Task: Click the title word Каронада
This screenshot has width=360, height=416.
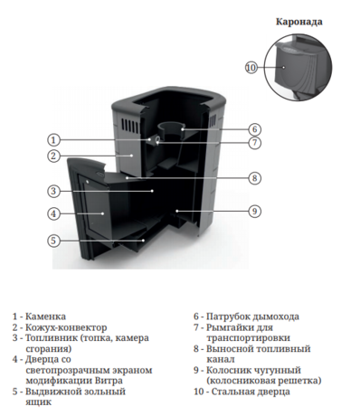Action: (298, 20)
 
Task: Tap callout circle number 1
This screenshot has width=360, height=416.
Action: (54, 140)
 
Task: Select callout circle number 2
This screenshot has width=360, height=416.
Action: (54, 156)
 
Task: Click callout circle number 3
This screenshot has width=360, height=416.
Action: (54, 191)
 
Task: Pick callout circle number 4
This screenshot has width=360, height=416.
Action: (54, 213)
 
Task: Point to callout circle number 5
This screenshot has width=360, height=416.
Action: (54, 241)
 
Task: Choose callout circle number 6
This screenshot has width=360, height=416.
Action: (255, 129)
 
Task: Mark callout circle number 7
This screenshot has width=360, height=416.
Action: (255, 143)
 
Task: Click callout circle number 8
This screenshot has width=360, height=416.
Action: (255, 178)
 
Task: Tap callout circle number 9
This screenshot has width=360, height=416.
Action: (255, 212)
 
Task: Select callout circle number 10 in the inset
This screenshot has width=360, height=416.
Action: (251, 68)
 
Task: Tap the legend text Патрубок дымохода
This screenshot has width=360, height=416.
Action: (251, 317)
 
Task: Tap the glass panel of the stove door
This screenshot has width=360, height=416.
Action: (98, 212)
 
